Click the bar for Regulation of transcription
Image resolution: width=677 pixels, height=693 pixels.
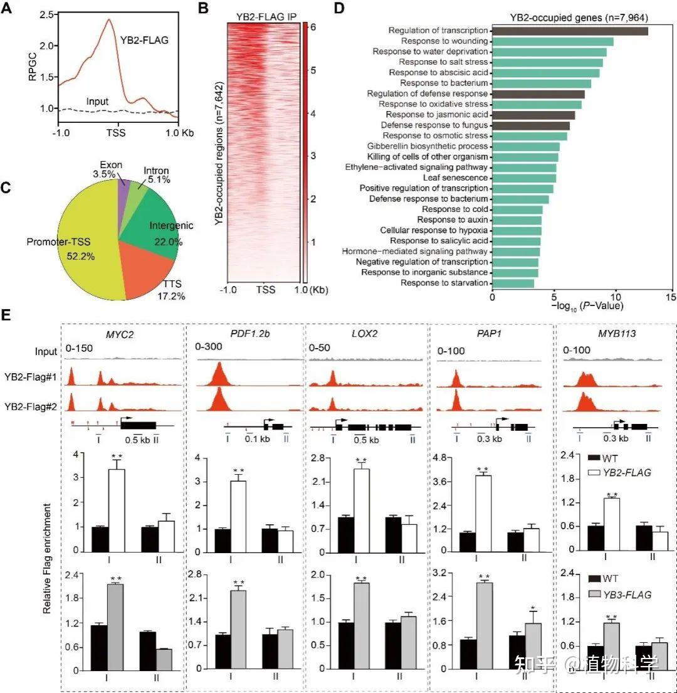pyautogui.click(x=569, y=31)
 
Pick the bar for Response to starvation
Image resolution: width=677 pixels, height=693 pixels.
pyautogui.click(x=513, y=283)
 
